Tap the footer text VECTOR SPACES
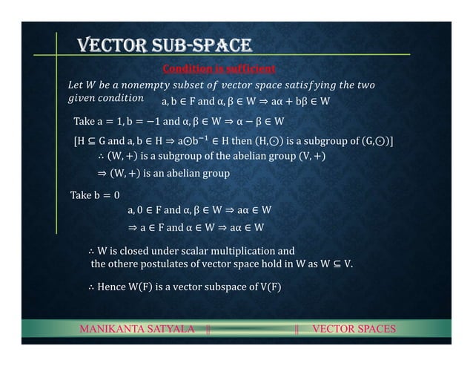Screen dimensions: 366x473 pyautogui.click(x=354, y=329)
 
